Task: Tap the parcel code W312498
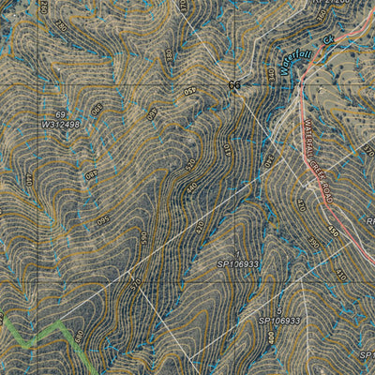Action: [x=61, y=124]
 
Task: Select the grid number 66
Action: [x=234, y=85]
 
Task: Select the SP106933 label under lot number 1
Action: [x=237, y=265]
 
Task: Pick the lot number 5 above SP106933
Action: [x=278, y=308]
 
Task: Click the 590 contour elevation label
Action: [x=93, y=174]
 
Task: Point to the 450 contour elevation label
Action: [x=192, y=187]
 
